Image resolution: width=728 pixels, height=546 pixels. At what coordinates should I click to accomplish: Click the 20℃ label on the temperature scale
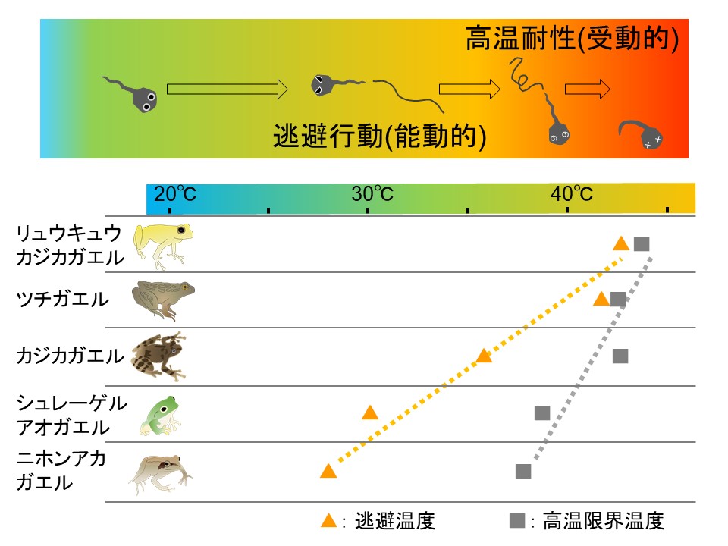pos(174,194)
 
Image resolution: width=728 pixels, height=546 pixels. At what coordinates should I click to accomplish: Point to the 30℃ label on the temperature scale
pos(372,194)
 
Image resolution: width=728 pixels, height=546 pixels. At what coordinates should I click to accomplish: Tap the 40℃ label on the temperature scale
pos(571,194)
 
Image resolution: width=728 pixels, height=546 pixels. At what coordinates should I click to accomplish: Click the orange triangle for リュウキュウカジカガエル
pos(621,243)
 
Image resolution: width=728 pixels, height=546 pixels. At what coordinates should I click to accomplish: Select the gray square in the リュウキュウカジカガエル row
pos(642,243)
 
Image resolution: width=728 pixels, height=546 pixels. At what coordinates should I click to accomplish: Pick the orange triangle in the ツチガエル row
pos(601,299)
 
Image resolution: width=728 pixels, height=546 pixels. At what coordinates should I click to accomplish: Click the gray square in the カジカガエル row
pos(620,356)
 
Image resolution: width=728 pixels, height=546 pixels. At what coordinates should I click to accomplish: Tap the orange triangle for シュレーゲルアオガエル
pos(370,413)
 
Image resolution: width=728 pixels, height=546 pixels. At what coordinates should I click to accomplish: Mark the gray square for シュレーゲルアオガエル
pos(541,413)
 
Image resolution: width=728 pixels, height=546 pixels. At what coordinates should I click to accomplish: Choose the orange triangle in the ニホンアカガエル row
pos(328,471)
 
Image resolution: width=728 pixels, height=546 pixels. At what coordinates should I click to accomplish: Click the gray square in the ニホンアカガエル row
pos(522,471)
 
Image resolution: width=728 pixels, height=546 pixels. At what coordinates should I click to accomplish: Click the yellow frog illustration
pos(159,244)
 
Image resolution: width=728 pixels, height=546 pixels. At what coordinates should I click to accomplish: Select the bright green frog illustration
pos(160,415)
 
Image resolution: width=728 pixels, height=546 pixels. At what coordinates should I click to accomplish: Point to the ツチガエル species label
pos(63,299)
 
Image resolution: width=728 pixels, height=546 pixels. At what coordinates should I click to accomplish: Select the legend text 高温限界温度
pos(598,521)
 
